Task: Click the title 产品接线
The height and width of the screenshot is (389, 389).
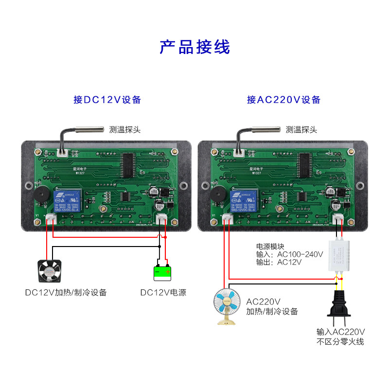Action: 194,47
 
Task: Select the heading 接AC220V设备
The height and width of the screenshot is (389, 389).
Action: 283,100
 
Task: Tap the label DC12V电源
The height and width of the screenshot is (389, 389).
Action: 163,293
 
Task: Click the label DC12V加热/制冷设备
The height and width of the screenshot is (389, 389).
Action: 66,293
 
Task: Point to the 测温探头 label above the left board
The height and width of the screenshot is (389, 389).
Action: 125,130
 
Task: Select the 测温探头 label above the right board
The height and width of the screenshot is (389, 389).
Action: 301,130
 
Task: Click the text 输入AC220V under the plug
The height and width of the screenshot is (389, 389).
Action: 340,332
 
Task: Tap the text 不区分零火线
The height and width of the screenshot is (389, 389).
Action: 340,342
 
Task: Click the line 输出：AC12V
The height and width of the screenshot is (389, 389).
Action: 279,262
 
